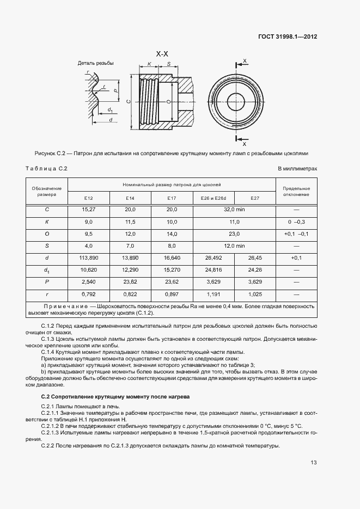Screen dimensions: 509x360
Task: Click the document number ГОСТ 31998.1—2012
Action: click(x=288, y=36)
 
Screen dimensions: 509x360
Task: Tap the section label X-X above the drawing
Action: click(x=162, y=54)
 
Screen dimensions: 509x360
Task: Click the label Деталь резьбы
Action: click(x=96, y=64)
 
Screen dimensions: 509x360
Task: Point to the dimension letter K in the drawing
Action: click(x=149, y=64)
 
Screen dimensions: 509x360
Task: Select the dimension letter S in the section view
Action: click(x=169, y=64)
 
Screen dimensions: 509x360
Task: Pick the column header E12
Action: click(x=89, y=198)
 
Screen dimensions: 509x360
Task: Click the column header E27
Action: click(x=255, y=198)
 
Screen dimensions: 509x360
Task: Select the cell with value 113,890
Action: click(x=89, y=257)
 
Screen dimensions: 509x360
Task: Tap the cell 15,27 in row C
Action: click(x=89, y=210)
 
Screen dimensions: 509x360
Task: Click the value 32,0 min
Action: click(x=235, y=210)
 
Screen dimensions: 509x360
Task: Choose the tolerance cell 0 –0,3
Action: click(x=297, y=222)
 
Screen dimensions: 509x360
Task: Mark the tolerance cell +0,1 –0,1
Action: click(x=297, y=234)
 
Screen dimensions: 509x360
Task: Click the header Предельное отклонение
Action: click(x=297, y=191)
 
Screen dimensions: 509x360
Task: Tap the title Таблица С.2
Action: click(x=46, y=168)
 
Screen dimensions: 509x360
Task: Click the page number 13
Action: click(x=313, y=463)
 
